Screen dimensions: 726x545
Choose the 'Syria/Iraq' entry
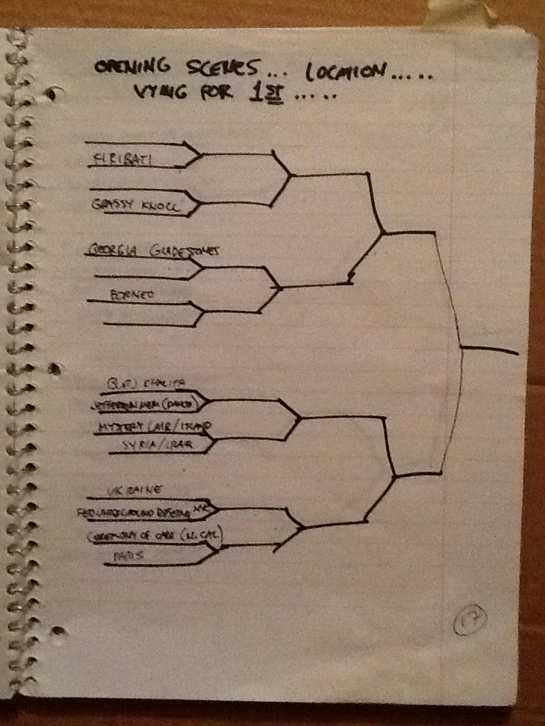162,445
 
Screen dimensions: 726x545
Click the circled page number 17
469,623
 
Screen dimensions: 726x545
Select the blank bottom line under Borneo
144,324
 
